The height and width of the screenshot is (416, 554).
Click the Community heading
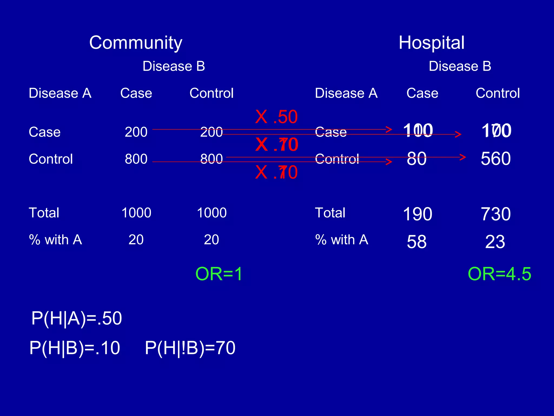136,43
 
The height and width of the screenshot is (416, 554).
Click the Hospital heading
431,43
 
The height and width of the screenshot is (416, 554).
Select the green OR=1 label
219,274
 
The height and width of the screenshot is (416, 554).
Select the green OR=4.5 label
499,274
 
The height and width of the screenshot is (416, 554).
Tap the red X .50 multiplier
276,117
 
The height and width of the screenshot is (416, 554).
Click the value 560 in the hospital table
496,158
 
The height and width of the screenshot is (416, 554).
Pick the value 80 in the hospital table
417,158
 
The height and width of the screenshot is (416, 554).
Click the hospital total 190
417,214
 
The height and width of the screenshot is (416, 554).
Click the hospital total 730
496,214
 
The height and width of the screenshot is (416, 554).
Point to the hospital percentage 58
417,242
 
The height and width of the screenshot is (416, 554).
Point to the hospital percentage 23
495,242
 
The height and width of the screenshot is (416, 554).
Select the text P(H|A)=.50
77,318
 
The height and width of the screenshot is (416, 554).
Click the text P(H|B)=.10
75,348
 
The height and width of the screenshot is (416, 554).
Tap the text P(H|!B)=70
190,348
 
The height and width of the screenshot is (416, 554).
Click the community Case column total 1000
136,213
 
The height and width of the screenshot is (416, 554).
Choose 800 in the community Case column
136,159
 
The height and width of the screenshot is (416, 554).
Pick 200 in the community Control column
211,132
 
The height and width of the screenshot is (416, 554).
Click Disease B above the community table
174,66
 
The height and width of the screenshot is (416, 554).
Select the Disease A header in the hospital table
346,93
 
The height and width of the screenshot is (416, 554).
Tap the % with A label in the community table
55,240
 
